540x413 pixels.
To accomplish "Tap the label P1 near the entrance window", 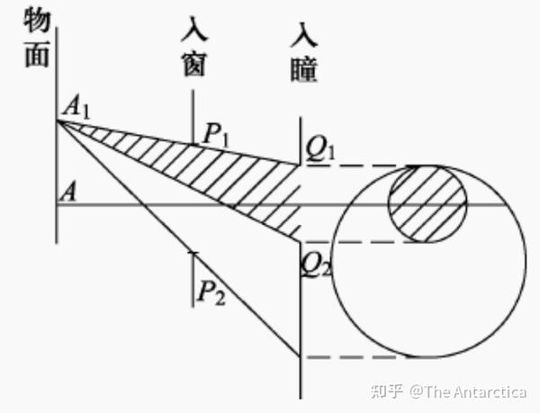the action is [217, 134].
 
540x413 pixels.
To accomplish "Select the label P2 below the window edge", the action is [213, 292].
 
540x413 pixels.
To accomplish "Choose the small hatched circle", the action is [427, 204].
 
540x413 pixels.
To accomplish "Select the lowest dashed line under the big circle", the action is [360, 357].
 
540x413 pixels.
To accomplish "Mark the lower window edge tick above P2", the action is [193, 254].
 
